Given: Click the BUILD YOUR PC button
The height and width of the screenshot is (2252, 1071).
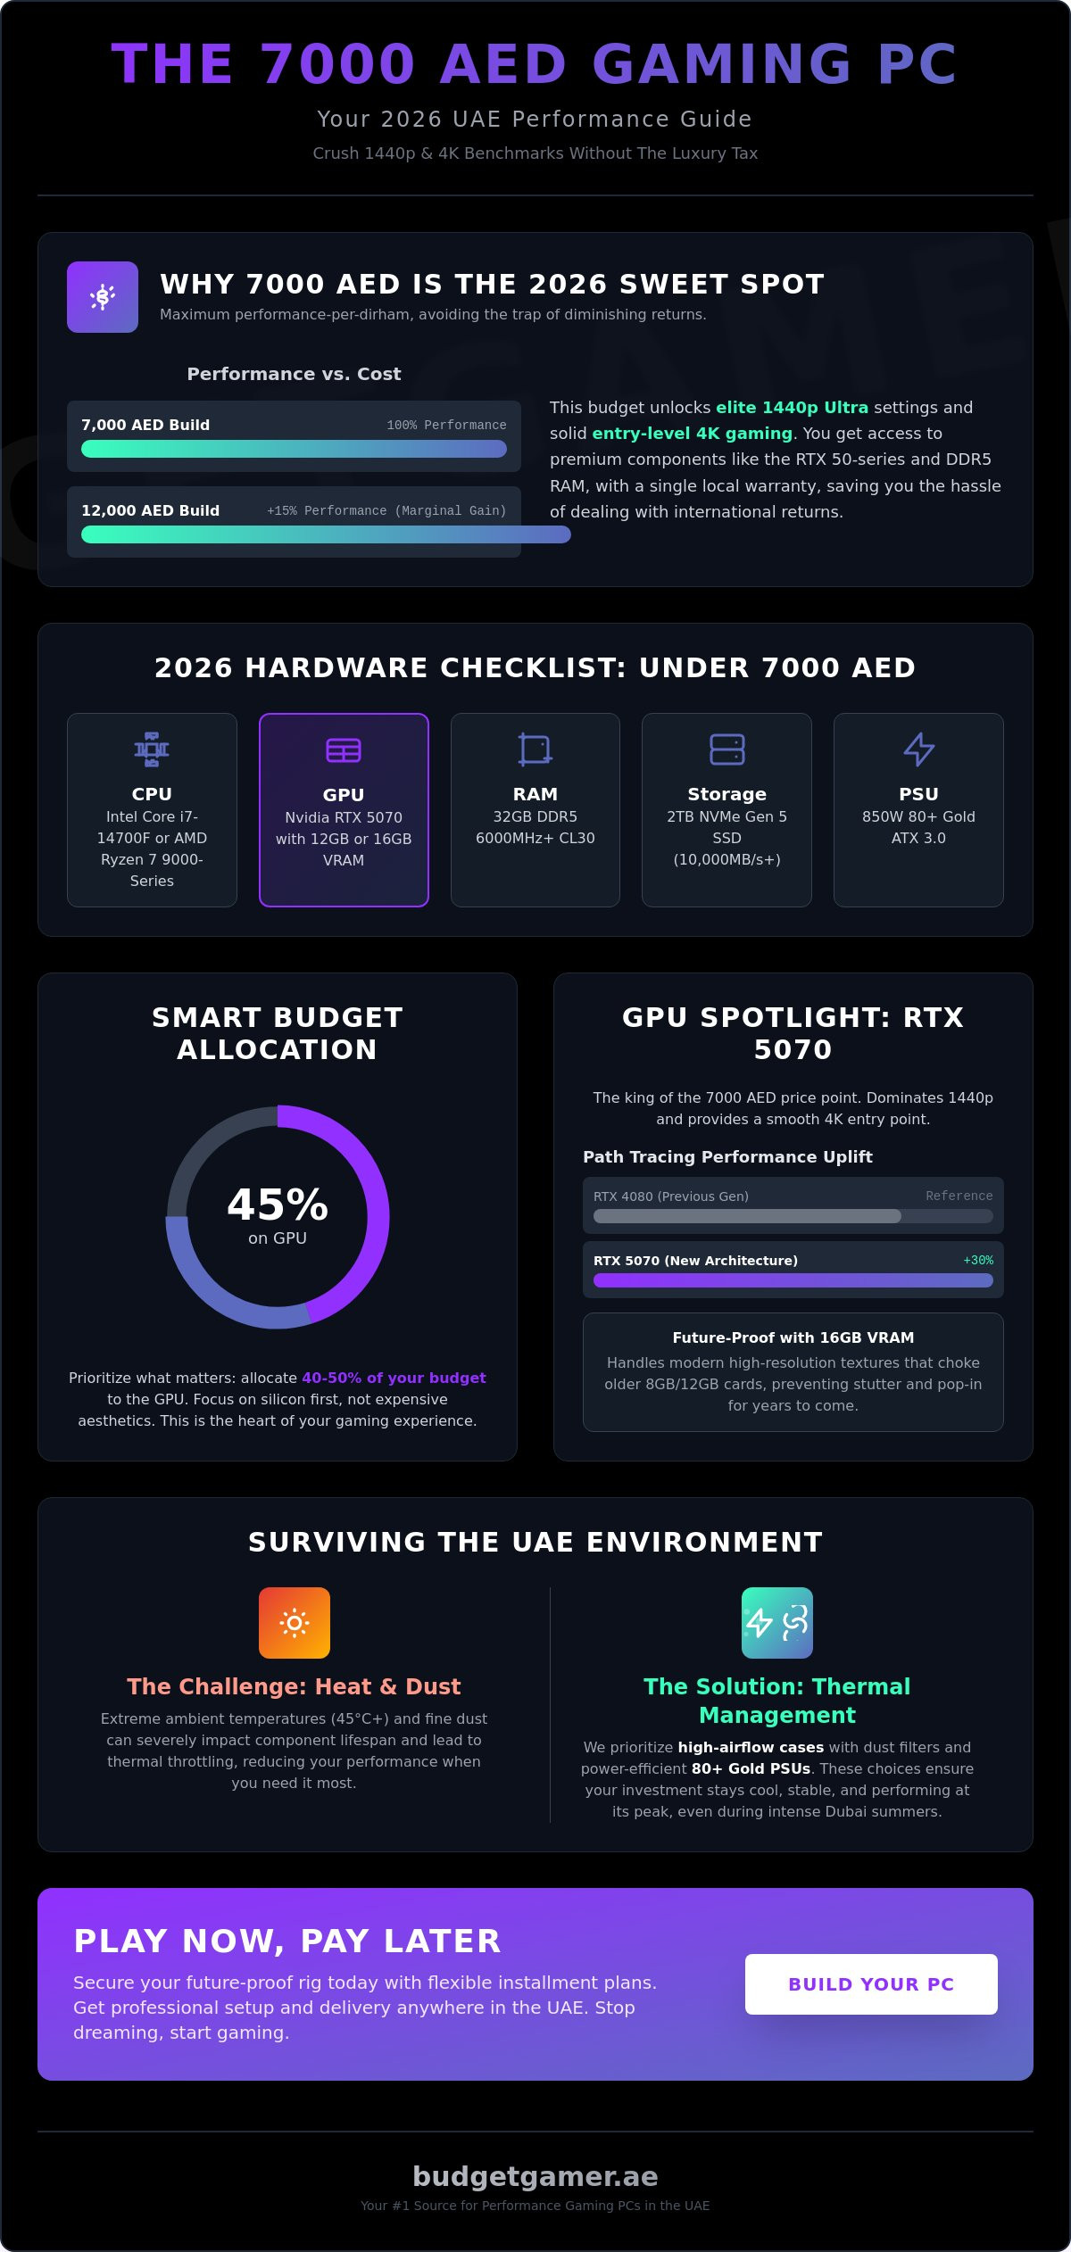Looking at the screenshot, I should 871,1983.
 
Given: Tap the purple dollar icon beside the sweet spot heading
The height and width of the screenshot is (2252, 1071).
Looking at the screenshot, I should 103,297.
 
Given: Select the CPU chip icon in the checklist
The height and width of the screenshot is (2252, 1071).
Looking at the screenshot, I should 152,749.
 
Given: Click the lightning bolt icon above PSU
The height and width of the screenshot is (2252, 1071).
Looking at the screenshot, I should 918,749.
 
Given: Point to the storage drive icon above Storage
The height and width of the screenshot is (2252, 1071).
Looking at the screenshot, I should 726,749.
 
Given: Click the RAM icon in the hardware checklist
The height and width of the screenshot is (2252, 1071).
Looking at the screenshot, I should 535,749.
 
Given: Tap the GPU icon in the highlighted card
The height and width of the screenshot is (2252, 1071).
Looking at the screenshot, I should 344,750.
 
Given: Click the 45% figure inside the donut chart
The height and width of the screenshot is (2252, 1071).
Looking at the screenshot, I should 278,1205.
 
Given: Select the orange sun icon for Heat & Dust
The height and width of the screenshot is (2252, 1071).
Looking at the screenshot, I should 295,1623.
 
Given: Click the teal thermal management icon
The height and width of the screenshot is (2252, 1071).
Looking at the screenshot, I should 777,1623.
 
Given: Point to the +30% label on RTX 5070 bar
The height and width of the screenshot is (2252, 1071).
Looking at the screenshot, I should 978,1260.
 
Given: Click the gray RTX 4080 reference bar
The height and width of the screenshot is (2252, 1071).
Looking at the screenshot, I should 747,1216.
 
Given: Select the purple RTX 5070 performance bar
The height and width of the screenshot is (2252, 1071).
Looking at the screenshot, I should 793,1280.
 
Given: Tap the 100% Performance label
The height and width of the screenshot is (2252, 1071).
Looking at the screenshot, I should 446,425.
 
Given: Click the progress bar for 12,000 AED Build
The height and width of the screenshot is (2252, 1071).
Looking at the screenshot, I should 326,534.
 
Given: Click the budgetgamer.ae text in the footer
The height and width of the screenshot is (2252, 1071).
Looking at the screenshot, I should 535,2176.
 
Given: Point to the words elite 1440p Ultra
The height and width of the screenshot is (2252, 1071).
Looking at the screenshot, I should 792,408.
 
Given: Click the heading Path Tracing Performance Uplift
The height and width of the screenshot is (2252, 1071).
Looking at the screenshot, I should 727,1156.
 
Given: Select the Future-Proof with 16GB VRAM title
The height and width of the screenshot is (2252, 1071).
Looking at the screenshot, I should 793,1337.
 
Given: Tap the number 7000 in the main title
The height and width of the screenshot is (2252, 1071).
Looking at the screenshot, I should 338,64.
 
